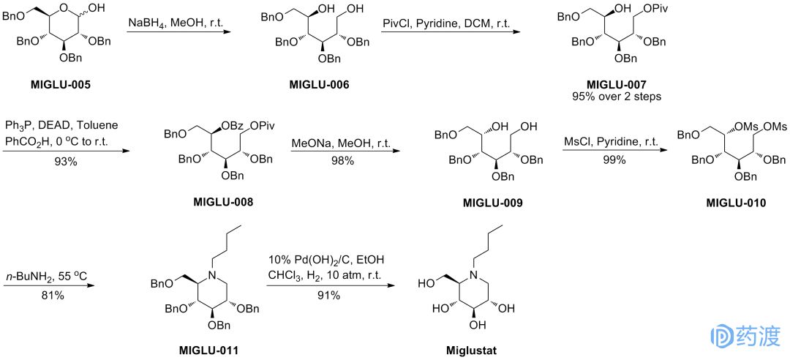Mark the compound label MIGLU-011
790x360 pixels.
[208, 350]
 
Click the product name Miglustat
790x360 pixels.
[471, 350]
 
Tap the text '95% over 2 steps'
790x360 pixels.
[617, 96]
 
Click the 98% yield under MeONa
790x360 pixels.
[342, 160]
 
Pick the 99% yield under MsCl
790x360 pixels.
[612, 160]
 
